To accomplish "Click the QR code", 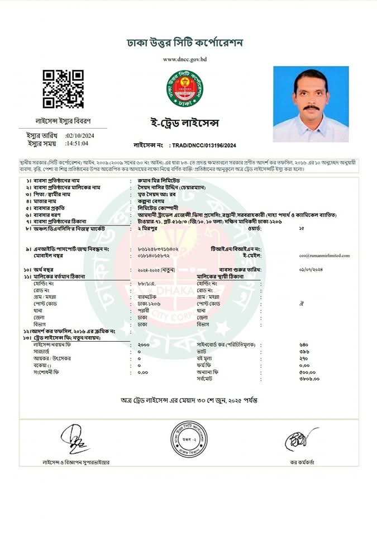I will click(x=63, y=89).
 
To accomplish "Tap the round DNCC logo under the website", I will click(x=184, y=89).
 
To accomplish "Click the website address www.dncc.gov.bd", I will click(x=185, y=59).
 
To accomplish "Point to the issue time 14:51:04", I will click(x=77, y=143).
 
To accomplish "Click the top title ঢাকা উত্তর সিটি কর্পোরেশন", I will click(x=185, y=43).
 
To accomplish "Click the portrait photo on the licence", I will click(x=311, y=104).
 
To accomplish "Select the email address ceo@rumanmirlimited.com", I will click(x=325, y=255).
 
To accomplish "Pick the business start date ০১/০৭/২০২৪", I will click(x=312, y=270).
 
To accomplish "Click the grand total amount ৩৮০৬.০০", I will click(x=309, y=379).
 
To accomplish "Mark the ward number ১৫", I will click(x=302, y=228).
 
